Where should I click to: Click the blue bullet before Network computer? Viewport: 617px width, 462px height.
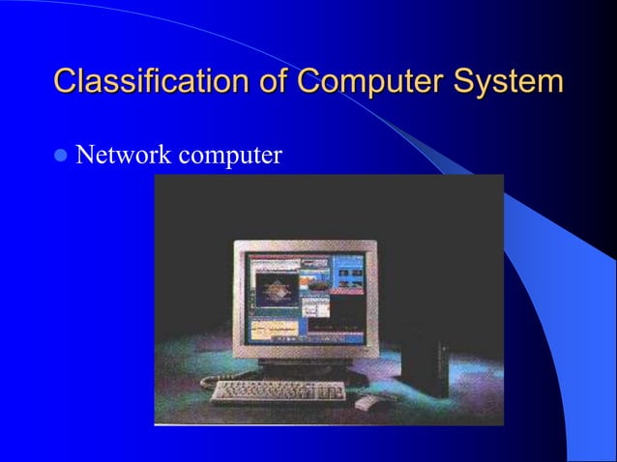coord(62,155)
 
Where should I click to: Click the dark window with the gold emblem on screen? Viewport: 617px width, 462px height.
coord(275,292)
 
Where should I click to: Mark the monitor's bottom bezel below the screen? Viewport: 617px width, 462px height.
coord(306,353)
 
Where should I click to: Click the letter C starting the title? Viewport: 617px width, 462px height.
coord(66,81)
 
